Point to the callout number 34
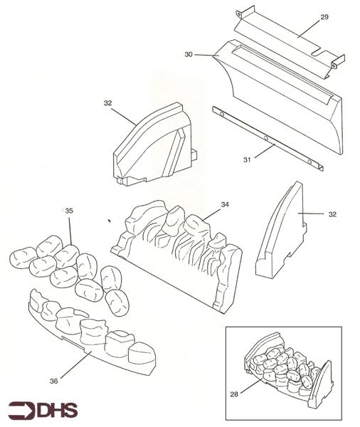click(224, 205)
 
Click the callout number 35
click(69, 211)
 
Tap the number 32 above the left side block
click(108, 102)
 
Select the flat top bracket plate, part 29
click(285, 39)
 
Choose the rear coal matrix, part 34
click(181, 253)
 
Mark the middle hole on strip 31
click(265, 137)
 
